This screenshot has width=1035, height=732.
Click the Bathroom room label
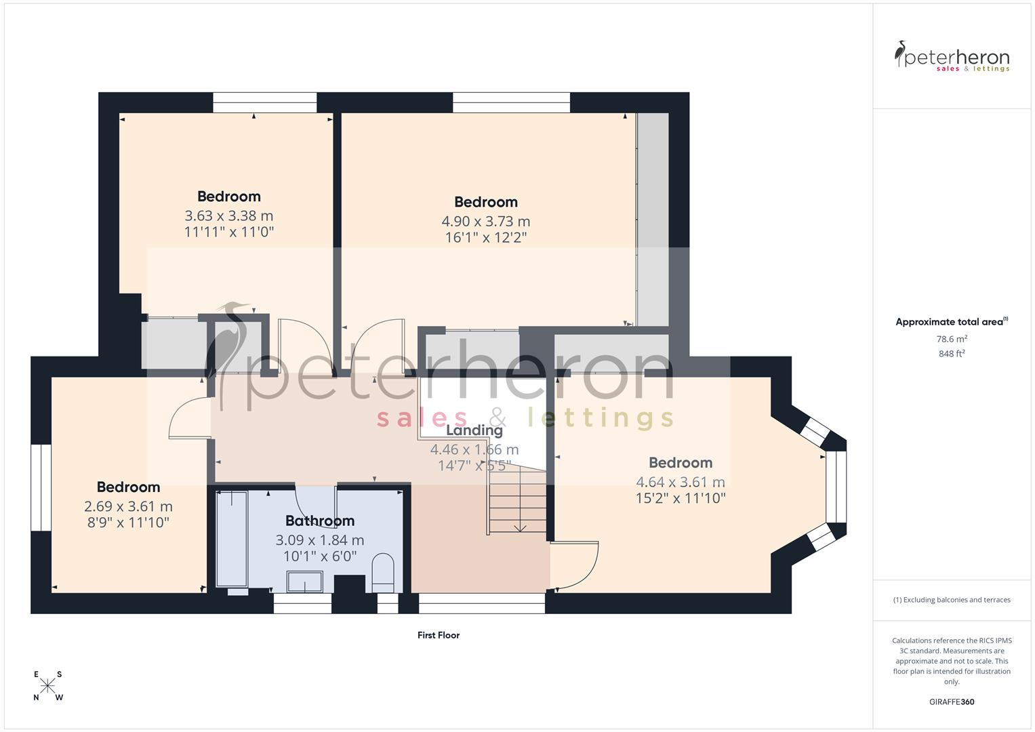[319, 521]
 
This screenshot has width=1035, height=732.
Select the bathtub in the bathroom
[232, 539]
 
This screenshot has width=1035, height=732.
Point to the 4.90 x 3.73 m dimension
[485, 221]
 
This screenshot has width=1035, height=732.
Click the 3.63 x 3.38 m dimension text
[228, 216]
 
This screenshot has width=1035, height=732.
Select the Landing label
[474, 430]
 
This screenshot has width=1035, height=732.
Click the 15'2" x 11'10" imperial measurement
[680, 498]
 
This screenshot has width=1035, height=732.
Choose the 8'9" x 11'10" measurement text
[128, 523]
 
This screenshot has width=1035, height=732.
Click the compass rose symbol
[47, 686]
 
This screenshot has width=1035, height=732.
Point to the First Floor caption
[438, 635]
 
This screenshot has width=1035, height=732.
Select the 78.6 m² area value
[951, 339]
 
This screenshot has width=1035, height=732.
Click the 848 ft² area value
[951, 354]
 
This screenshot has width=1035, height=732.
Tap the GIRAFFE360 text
[951, 701]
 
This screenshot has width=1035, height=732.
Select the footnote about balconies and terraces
[951, 600]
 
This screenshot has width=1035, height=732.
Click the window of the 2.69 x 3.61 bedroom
[41, 488]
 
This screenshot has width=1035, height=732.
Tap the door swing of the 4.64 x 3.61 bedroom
[576, 563]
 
